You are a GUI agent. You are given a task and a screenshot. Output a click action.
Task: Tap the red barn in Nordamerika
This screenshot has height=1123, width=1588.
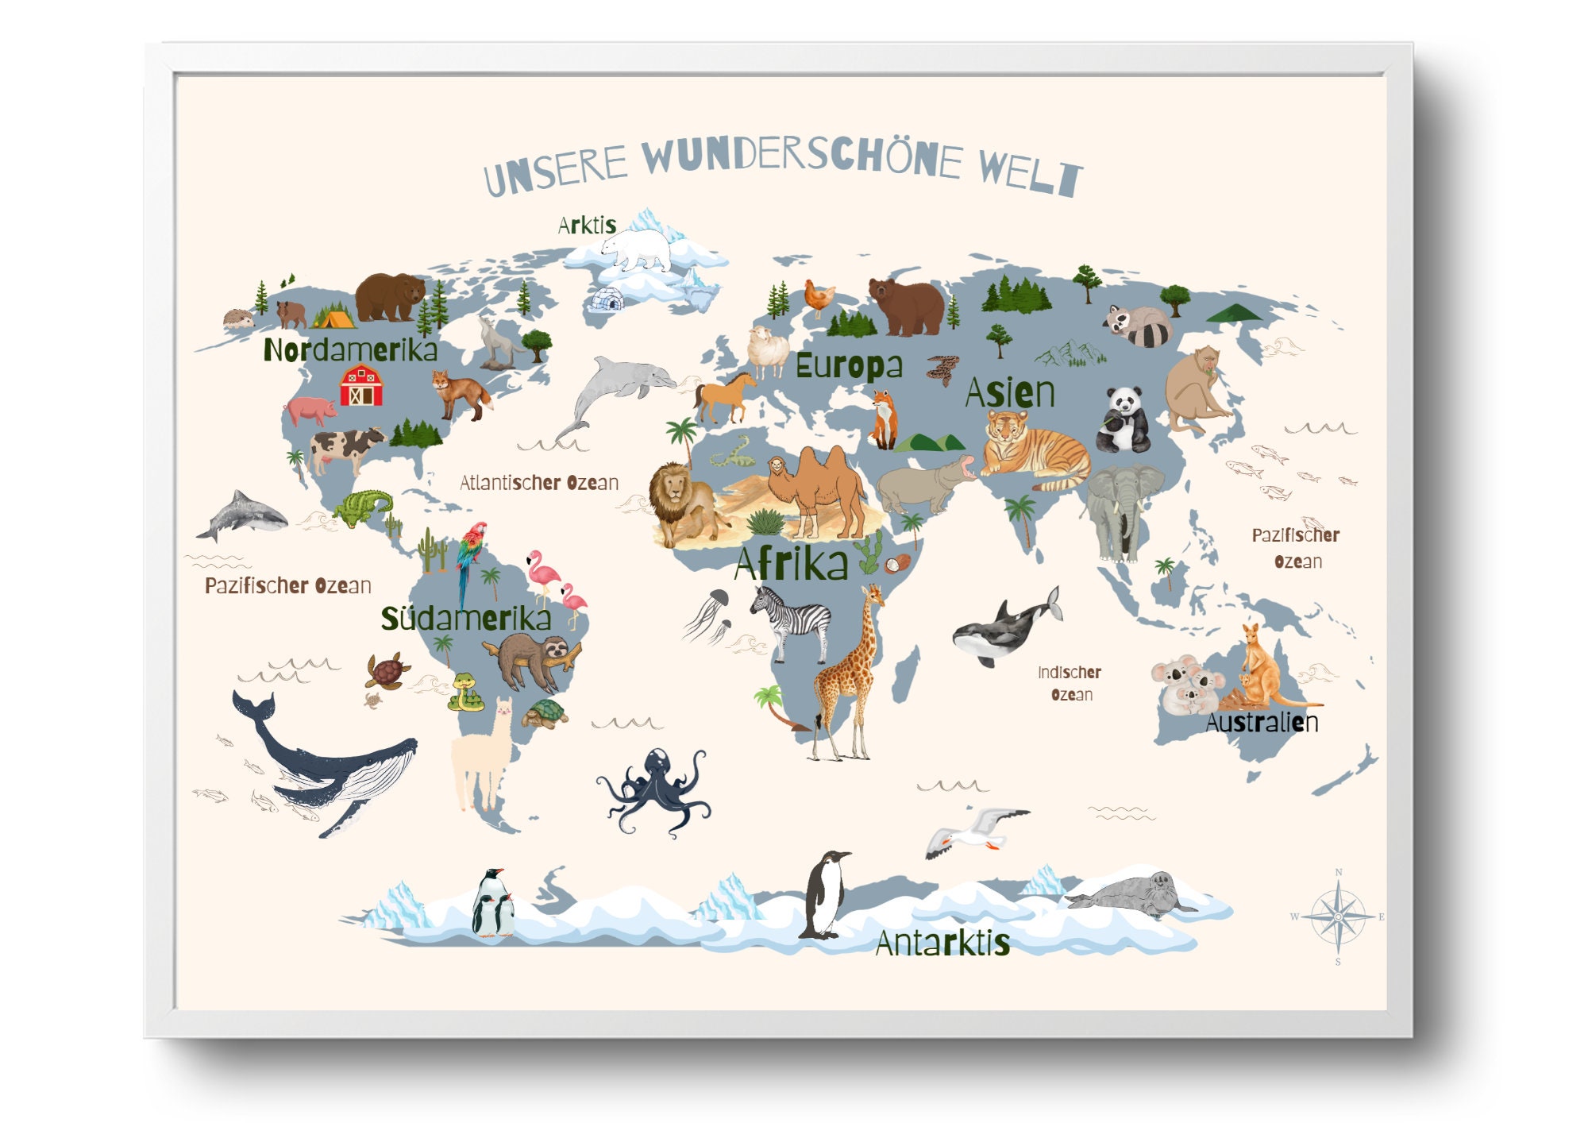point(361,386)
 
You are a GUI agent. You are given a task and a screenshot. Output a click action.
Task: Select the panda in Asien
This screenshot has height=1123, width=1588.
point(1124,421)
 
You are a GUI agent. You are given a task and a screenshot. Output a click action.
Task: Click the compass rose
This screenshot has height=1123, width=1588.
point(1338,917)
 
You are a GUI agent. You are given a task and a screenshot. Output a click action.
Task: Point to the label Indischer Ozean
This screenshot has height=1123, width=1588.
point(1070,683)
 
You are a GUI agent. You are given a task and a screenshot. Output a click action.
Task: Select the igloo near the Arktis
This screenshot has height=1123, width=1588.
point(607,300)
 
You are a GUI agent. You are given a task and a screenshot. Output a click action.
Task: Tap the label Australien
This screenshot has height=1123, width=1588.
point(1262,723)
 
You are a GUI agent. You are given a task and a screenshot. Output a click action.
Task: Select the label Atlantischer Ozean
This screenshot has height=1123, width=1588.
point(539,482)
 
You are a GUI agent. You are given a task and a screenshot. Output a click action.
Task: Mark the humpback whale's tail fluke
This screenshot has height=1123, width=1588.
point(252,705)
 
